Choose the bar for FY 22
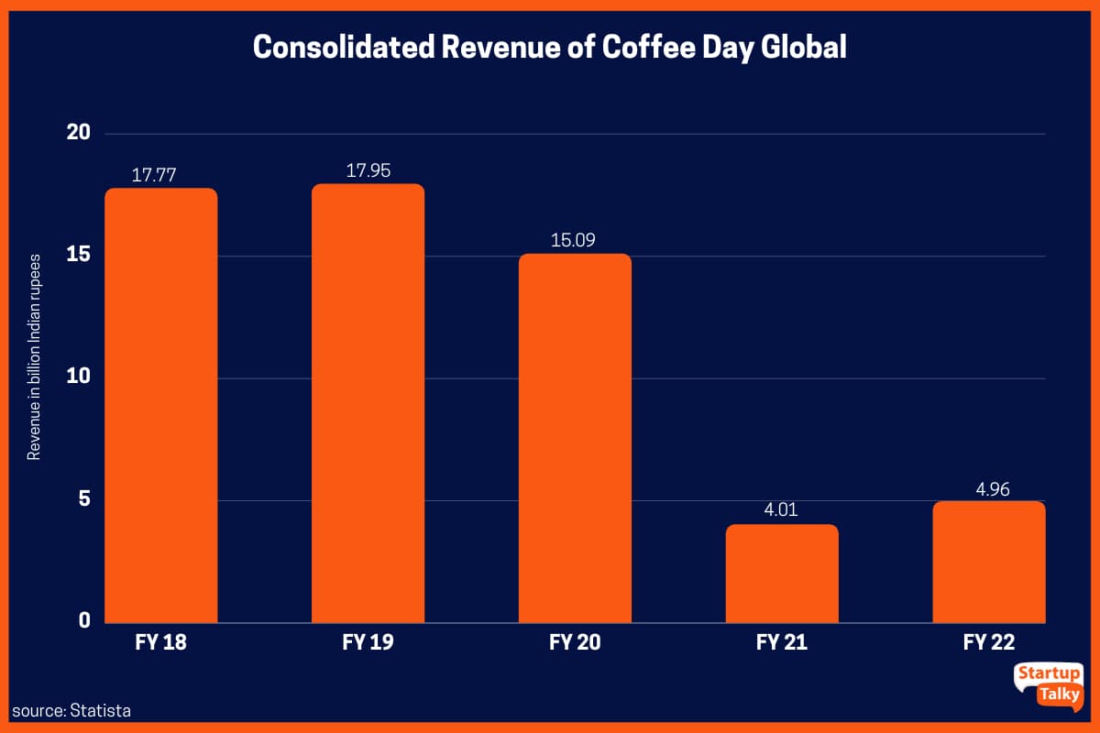click(988, 562)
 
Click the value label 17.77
click(161, 173)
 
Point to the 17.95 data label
click(368, 170)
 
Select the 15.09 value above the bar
click(575, 239)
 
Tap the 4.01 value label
click(782, 509)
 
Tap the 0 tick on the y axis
click(84, 621)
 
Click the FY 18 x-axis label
click(161, 642)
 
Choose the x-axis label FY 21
click(782, 642)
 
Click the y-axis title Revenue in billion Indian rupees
click(34, 356)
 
